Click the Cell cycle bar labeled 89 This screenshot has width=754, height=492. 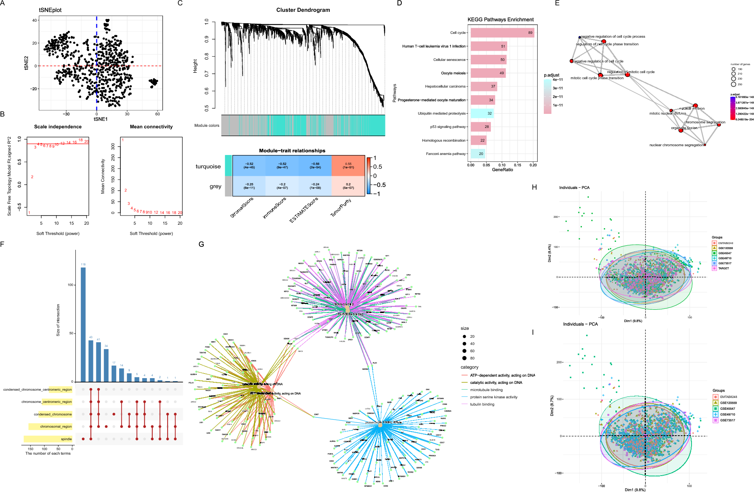point(502,33)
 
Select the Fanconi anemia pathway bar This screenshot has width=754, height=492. point(478,154)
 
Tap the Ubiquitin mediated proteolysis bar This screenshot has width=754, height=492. point(482,113)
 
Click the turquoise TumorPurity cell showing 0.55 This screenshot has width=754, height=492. point(348,166)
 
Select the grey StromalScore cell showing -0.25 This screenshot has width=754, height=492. point(249,186)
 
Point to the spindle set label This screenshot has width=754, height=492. point(66,439)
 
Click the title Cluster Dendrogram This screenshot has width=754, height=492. point(303,10)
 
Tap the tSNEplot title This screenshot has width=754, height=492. point(50,10)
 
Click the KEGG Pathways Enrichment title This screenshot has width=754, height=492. point(500,19)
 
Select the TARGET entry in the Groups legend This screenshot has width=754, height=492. point(724,268)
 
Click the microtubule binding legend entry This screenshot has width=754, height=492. point(486,390)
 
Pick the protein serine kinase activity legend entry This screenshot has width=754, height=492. point(494,397)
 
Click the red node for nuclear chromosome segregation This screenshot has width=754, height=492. point(705,145)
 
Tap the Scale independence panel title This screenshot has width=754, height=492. point(58,127)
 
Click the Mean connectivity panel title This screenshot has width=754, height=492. point(151,127)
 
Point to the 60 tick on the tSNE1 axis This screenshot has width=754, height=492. point(157,114)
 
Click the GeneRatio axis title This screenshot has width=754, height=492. point(502,170)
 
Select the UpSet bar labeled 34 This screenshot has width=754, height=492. point(106,365)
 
